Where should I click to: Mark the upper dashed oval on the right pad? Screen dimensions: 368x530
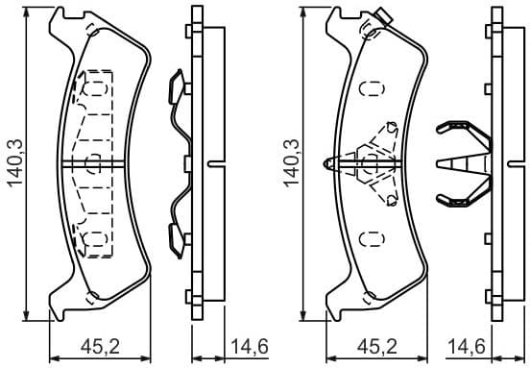[x=368, y=87]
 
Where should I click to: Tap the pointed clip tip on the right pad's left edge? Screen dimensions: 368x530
[x=330, y=163]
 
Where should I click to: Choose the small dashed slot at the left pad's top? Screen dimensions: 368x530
[x=91, y=27]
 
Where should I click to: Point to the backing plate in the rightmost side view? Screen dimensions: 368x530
[x=496, y=163]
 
